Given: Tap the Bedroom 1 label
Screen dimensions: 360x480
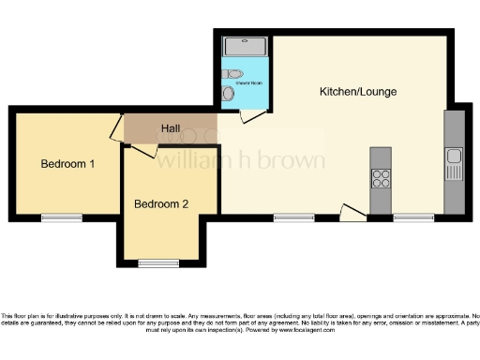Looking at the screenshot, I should pos(67,164).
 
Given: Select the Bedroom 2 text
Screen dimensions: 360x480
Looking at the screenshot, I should pos(161,203).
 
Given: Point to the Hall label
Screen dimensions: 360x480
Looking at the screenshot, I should pos(170,128).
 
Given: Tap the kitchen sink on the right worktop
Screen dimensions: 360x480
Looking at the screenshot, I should pos(454,156).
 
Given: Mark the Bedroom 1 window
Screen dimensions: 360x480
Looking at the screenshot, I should pos(62,217).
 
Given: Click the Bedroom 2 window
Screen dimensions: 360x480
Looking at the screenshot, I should pos(157,262).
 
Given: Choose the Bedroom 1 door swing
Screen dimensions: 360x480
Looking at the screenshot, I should pos(118,128).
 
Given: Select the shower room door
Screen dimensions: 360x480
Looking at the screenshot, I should pos(249,115).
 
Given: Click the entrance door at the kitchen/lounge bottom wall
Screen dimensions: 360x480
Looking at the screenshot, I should pos(352,214).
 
